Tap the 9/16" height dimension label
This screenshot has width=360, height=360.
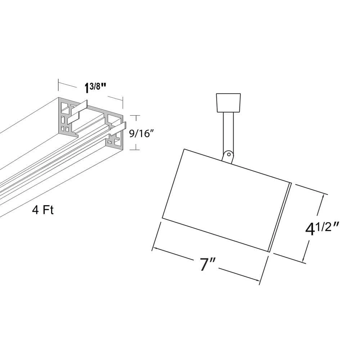coord(141,133)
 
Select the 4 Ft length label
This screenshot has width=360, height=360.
coord(43,210)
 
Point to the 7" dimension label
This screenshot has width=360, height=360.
coord(208,264)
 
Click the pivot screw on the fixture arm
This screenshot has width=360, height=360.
coord(229,154)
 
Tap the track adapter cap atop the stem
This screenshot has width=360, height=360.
coord(229,103)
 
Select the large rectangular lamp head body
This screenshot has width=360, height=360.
coord(225,200)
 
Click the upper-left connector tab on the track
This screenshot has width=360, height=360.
coord(77,112)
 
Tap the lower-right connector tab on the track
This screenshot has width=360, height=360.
coord(118,129)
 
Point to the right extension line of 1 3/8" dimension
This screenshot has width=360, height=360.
coord(123,103)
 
